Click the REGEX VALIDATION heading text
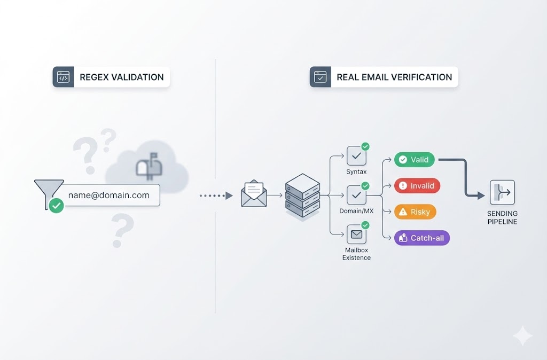click(x=121, y=77)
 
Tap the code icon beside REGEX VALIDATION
click(x=63, y=77)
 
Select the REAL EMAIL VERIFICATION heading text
click(x=394, y=77)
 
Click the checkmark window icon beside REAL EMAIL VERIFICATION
click(x=321, y=77)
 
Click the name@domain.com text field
click(x=109, y=195)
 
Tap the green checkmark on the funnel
click(x=56, y=206)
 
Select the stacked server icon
click(x=302, y=194)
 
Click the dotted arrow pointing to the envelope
click(x=216, y=196)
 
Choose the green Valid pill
click(x=415, y=160)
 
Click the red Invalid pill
click(x=417, y=186)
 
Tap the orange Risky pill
click(x=415, y=212)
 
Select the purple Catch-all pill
click(x=421, y=238)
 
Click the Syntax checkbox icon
click(x=356, y=155)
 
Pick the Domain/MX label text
click(x=356, y=212)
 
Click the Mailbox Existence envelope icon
click(x=356, y=234)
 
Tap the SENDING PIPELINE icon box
click(x=502, y=193)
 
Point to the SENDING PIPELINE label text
click(x=502, y=217)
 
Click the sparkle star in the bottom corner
click(x=522, y=336)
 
